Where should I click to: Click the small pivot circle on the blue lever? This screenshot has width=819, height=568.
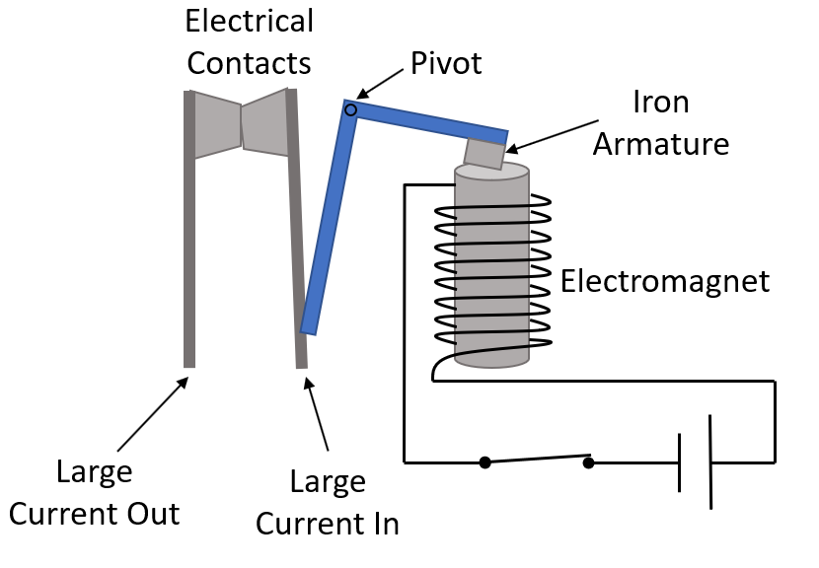350,109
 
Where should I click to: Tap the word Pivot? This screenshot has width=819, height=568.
445,64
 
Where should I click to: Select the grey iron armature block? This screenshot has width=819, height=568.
484,154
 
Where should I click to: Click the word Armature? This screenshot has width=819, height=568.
682,144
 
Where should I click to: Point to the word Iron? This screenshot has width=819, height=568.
661,103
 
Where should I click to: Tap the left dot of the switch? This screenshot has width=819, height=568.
484,461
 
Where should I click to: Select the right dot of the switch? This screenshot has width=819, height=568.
588,461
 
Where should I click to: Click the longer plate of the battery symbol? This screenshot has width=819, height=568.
710,461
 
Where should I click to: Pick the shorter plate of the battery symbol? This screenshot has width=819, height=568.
680,461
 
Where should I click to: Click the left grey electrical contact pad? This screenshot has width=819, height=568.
217,124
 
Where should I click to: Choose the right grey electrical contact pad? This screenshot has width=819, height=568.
264,122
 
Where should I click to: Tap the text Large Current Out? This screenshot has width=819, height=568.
95,493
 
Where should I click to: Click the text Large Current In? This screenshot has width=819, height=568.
328,503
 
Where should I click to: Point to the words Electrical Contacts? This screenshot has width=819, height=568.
250,42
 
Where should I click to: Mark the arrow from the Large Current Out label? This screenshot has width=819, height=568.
153,414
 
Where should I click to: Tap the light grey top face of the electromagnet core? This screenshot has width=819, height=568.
490,172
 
